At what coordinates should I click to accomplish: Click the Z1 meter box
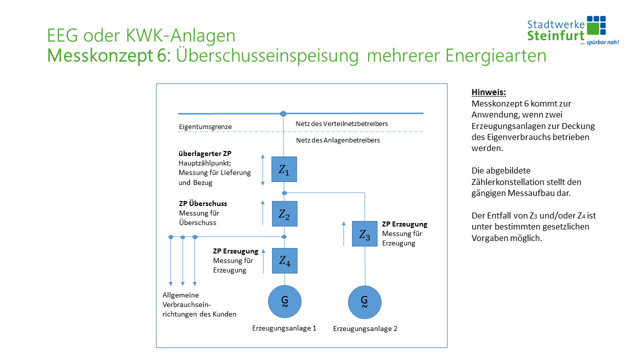[x=284, y=169]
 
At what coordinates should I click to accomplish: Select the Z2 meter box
[x=284, y=213]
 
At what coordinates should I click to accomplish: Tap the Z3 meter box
[x=364, y=233]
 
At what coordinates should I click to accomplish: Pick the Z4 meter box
[x=284, y=260]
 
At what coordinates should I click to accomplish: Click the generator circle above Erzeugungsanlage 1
[x=284, y=301]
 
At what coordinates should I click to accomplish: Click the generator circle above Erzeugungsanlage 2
[x=364, y=301]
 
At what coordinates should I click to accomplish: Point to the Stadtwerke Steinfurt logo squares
[x=596, y=26]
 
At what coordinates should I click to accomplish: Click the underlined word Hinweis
[x=489, y=92]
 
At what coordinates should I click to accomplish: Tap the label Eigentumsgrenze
[x=205, y=127]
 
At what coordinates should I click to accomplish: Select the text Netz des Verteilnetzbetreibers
[x=342, y=123]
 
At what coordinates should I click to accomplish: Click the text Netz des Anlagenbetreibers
[x=338, y=140]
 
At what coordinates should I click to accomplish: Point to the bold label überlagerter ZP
[x=205, y=153]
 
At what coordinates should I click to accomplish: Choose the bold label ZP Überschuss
[x=203, y=204]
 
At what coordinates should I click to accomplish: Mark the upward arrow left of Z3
[x=343, y=233]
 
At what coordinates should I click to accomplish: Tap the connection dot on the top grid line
[x=283, y=114]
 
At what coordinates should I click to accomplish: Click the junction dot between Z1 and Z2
[x=284, y=193]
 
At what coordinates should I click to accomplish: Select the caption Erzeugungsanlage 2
[x=365, y=329]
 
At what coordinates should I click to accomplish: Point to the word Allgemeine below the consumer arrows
[x=180, y=295]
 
